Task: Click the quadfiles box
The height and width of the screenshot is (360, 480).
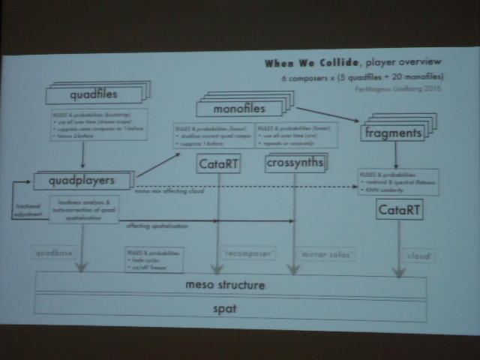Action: [x=93, y=95]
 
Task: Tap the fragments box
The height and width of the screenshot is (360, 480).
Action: [x=392, y=133]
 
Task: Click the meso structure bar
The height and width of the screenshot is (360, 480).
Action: [x=229, y=286]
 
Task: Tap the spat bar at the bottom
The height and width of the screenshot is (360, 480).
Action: [x=229, y=308]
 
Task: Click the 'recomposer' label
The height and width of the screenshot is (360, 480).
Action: [x=247, y=253]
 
